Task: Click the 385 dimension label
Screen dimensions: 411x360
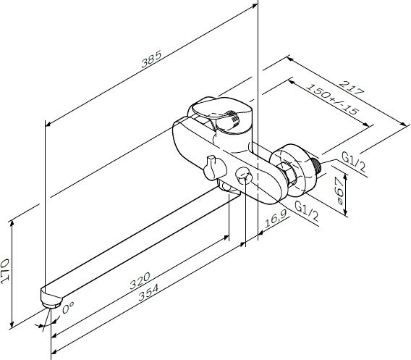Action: click(151, 59)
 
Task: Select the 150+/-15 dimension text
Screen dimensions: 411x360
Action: click(331, 99)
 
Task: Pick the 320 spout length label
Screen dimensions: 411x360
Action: click(140, 281)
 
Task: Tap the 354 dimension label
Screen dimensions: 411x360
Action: click(148, 293)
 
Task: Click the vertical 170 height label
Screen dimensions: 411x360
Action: click(5, 271)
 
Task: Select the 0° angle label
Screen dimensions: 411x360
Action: click(68, 308)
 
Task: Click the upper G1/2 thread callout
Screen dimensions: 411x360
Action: click(354, 162)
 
